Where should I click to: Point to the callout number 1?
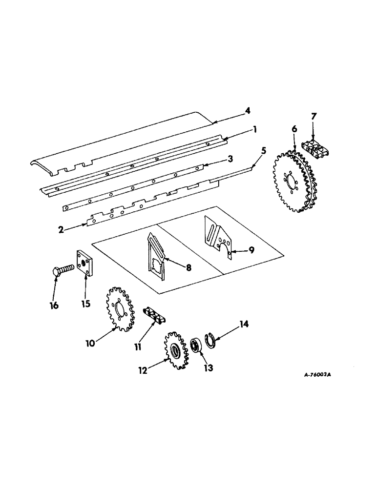254,129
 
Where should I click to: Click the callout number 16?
54,305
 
